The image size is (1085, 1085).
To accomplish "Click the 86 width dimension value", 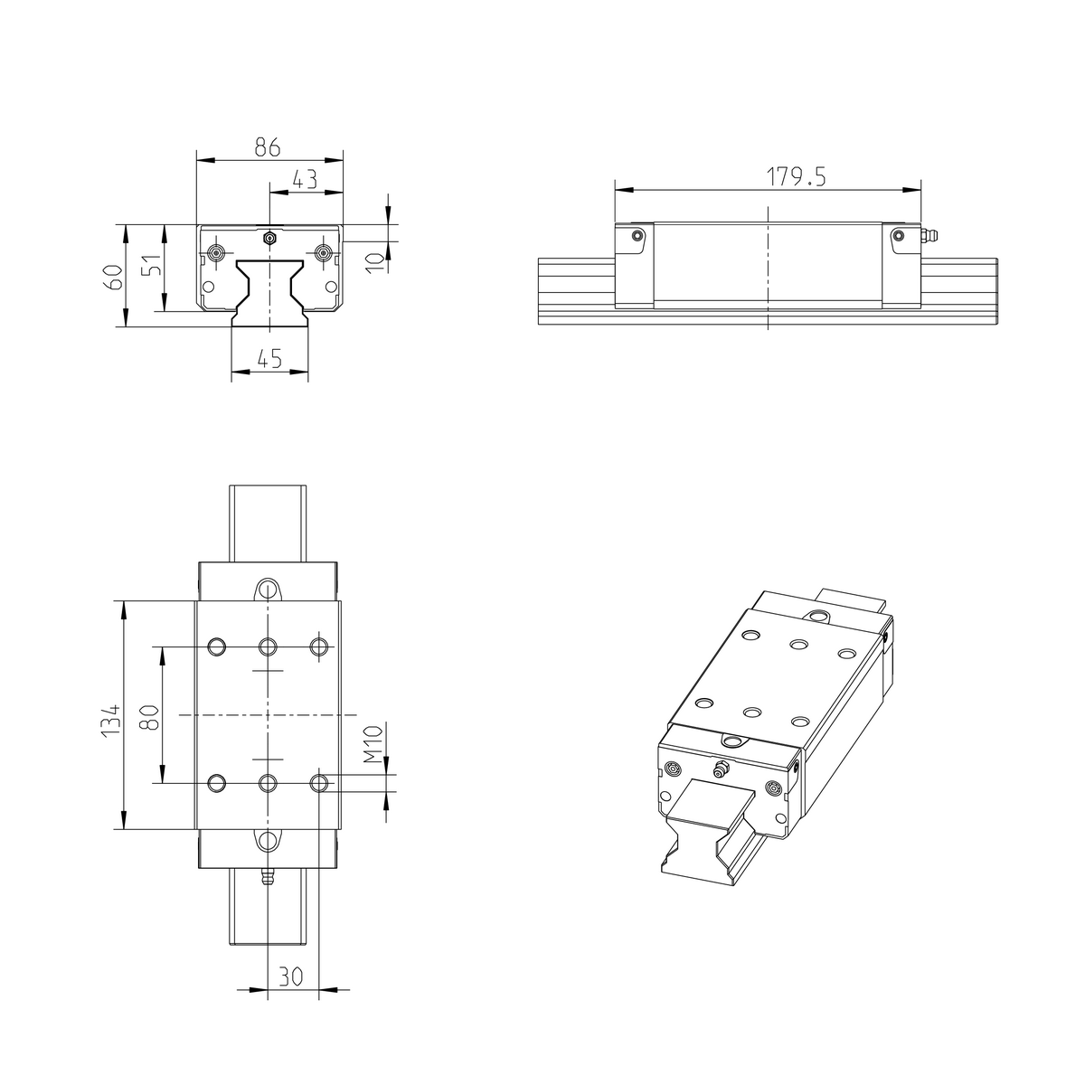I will click(267, 146).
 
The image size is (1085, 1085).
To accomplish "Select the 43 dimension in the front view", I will click(305, 179).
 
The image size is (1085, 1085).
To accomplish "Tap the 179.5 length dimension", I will click(797, 176).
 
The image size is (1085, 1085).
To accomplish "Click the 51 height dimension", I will click(155, 266).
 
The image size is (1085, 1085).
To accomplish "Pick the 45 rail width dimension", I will click(269, 359).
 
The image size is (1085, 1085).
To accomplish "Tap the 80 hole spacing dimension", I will click(151, 717).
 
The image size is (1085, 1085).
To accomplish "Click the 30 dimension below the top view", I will click(290, 976).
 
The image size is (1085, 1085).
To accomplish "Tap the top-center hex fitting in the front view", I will click(269, 238).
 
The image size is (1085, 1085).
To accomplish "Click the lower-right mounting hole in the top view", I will click(319, 782).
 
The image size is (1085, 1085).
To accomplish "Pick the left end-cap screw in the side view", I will click(638, 236).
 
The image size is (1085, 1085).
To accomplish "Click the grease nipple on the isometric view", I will click(720, 770).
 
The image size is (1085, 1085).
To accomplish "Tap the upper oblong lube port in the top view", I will click(267, 590).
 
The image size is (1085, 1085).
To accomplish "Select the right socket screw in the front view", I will click(323, 252).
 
